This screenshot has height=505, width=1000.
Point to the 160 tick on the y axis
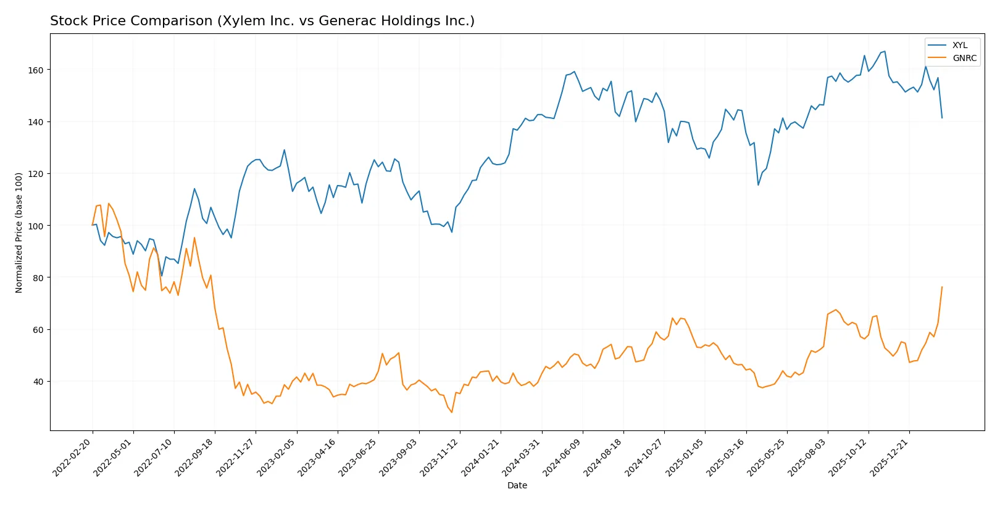pos(35,70)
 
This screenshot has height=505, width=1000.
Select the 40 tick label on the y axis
pos(38,382)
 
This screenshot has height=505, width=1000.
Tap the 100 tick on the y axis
pos(35,226)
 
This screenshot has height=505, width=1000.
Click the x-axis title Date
pos(517,486)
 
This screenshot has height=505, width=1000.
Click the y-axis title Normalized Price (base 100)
pos(19,232)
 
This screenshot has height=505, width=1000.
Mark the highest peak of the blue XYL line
pos(885,51)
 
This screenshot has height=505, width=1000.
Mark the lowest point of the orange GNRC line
pos(452,413)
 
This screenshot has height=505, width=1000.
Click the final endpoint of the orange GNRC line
pos(942,287)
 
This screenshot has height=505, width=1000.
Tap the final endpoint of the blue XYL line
pos(942,118)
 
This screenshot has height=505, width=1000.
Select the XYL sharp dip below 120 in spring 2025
pos(758,185)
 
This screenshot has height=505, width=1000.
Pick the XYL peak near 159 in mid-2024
pos(574,72)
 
